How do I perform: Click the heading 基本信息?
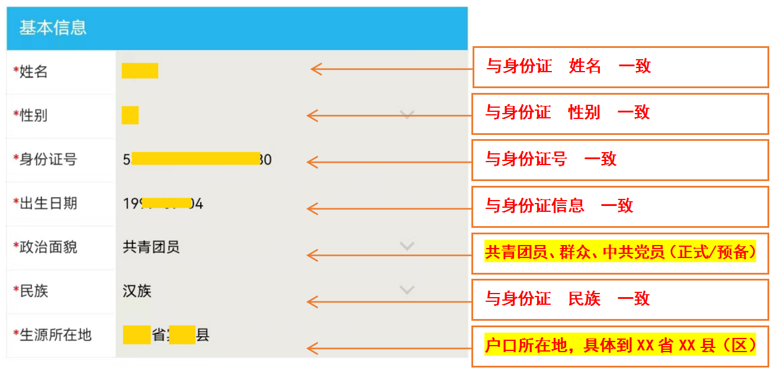pyautogui.click(x=53, y=28)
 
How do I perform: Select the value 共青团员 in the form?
pyautogui.click(x=151, y=247)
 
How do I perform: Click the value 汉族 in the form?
pyautogui.click(x=137, y=291)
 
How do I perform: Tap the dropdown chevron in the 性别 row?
pyautogui.click(x=407, y=114)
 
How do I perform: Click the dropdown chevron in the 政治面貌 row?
pyautogui.click(x=407, y=245)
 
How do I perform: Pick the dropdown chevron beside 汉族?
pyautogui.click(x=407, y=289)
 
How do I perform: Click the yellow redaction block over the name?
pyautogui.click(x=140, y=70)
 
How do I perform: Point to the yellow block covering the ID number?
pyautogui.click(x=195, y=159)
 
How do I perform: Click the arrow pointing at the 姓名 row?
pyautogui.click(x=391, y=69)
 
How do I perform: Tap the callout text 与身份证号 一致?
pyautogui.click(x=551, y=159)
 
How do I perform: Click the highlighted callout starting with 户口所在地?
pyautogui.click(x=620, y=344)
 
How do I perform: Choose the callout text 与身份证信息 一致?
pyautogui.click(x=559, y=205)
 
